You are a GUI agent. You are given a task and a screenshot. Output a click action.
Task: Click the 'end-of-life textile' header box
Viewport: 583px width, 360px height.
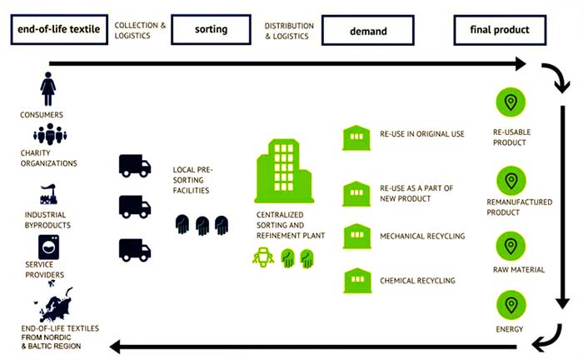(x=55, y=31)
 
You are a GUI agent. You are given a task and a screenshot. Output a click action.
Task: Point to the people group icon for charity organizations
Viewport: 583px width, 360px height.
(x=50, y=133)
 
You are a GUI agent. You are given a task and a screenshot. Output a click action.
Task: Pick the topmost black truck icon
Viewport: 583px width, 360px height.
(x=134, y=166)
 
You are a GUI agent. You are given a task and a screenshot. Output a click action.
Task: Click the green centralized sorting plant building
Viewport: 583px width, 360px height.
(x=285, y=171)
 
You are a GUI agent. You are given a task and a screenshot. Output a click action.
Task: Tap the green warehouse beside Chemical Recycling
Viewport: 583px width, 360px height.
(x=356, y=279)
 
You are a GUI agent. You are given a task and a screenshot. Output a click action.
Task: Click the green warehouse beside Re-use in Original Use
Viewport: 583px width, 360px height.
(x=356, y=137)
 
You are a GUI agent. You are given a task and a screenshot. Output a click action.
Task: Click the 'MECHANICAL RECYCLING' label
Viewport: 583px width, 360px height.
(x=422, y=237)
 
